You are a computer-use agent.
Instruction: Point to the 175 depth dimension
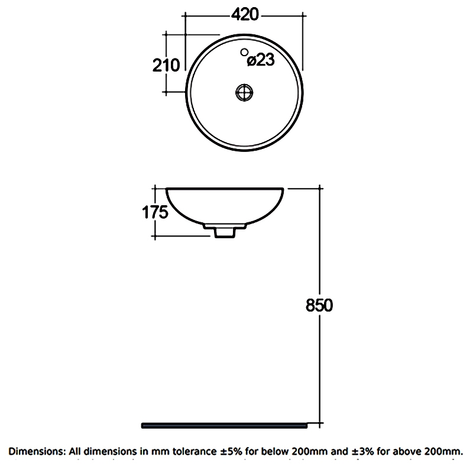coord(155,212)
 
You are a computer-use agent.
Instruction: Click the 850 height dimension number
coord(320,306)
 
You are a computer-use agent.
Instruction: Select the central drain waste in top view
coord(244,92)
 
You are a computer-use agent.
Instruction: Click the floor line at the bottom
coord(225,425)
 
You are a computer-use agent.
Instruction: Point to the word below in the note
coord(277,451)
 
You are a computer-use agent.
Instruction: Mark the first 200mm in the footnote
coord(309,451)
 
